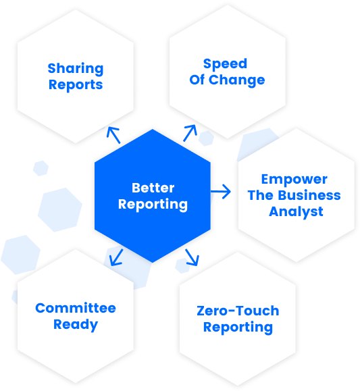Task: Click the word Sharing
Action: pos(76,69)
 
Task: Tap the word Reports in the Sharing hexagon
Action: pos(76,85)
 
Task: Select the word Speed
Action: pos(225,64)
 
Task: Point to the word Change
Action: pos(237,80)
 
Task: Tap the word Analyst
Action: pos(296,212)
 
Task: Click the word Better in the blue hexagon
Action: pos(153,188)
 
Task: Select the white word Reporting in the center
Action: pos(153,205)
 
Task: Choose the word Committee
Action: pos(76,308)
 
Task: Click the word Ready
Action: pos(76,325)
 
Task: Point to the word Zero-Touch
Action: pos(238,311)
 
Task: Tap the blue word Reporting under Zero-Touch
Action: pos(238,328)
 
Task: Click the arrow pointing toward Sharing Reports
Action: pos(113,135)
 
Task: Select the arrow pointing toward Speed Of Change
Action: pos(190,133)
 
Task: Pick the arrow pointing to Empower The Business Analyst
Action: pos(221,192)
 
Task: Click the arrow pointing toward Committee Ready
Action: pos(116,257)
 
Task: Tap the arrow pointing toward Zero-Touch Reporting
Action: pos(192,257)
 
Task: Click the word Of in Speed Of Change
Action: pos(197,80)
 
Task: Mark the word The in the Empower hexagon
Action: pos(261,195)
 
